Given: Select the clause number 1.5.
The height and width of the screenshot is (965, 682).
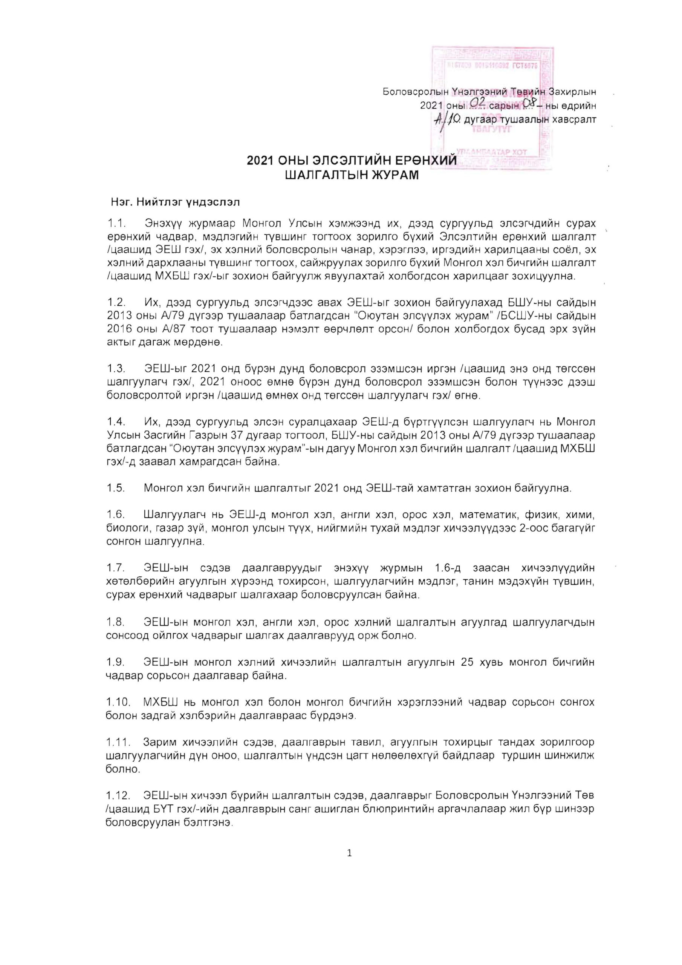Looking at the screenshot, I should tap(116, 489).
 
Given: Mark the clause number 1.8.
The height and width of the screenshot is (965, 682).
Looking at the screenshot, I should tap(116, 622).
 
